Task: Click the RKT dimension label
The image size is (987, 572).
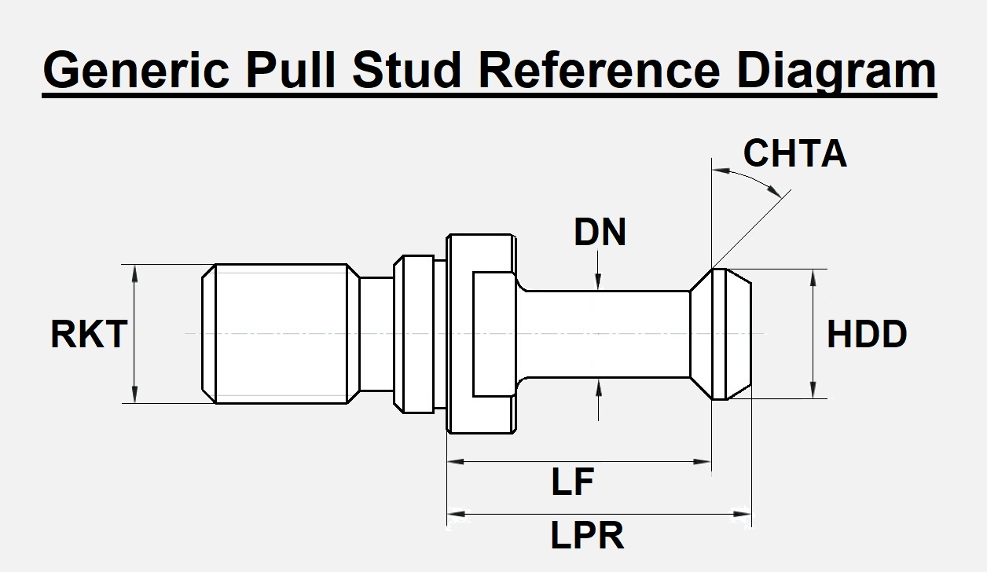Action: (x=88, y=335)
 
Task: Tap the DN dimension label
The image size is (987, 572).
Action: (x=600, y=233)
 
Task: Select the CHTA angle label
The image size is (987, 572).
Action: (x=794, y=154)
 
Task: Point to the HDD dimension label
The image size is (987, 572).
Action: (x=867, y=335)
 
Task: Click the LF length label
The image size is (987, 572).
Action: (x=571, y=482)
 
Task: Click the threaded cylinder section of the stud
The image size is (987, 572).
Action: (x=281, y=334)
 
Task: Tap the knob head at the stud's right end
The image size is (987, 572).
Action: (x=721, y=334)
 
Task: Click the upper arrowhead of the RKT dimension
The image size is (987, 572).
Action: (x=136, y=272)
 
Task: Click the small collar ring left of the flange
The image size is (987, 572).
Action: (x=414, y=334)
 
